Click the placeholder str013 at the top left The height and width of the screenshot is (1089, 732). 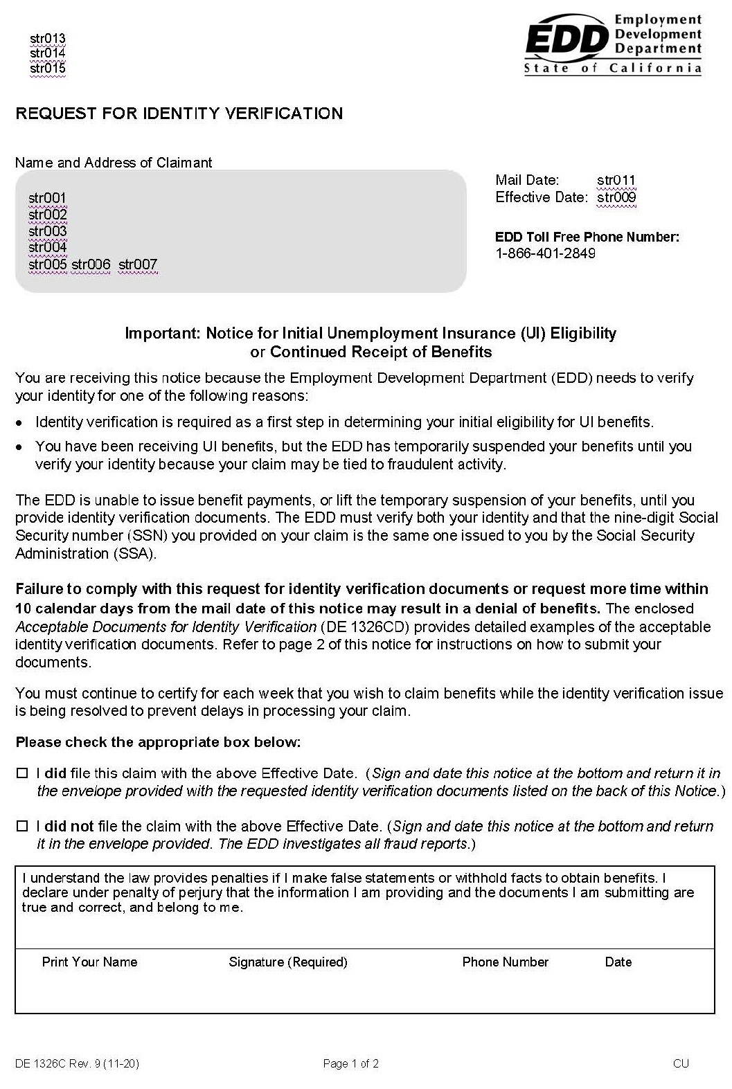[48, 38]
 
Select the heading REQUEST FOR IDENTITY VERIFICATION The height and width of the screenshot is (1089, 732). [179, 114]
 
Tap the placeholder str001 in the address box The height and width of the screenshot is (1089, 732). [47, 198]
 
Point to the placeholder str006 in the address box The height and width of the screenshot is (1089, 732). [91, 264]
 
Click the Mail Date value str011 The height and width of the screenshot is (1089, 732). [616, 181]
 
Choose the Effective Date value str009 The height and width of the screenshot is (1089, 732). [616, 197]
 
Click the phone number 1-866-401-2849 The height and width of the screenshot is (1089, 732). [545, 253]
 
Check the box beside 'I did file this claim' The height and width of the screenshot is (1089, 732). [23, 773]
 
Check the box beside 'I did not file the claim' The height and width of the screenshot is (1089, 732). [23, 826]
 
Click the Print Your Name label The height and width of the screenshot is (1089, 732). [89, 962]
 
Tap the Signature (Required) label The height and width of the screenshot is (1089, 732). [288, 962]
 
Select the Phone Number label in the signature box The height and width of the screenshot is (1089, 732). [505, 962]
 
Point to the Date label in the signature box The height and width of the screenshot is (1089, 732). [618, 962]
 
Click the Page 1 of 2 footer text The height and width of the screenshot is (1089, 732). [350, 1063]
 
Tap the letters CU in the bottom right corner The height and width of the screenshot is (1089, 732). [680, 1063]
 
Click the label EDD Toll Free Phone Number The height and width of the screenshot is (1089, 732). [587, 237]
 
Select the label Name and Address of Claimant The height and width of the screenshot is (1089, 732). [114, 163]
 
